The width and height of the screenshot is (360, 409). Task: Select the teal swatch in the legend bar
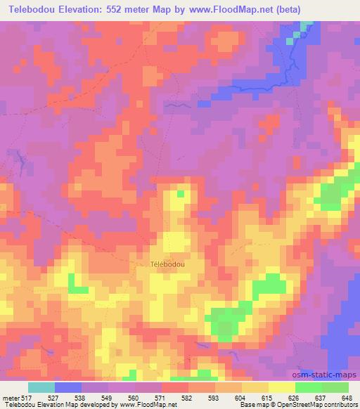click(41, 387)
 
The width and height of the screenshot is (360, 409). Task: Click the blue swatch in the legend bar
click(68, 387)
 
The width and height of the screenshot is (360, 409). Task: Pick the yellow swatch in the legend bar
click(282, 387)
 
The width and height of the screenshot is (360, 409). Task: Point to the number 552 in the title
click(136, 9)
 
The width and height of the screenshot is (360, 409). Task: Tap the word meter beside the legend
click(11, 397)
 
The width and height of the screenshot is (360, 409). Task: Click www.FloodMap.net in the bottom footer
click(147, 405)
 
